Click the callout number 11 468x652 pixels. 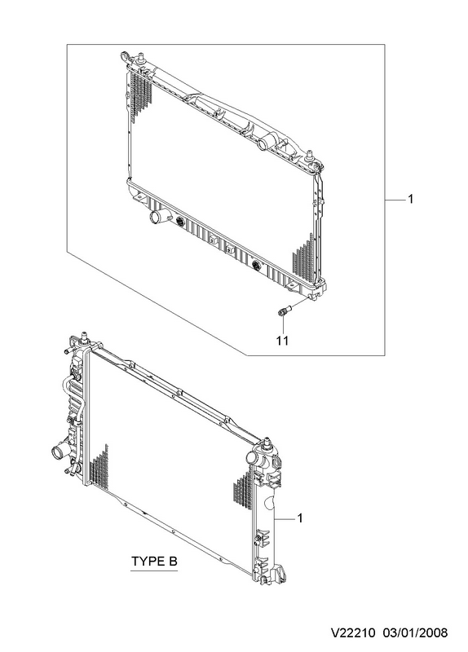point(282,341)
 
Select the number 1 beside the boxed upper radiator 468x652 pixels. point(411,200)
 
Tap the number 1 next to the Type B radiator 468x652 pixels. point(300,518)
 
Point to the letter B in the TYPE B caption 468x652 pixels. point(172,562)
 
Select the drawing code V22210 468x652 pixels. point(353,633)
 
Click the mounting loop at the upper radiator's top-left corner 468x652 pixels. point(125,55)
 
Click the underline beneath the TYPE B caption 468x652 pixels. point(154,571)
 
